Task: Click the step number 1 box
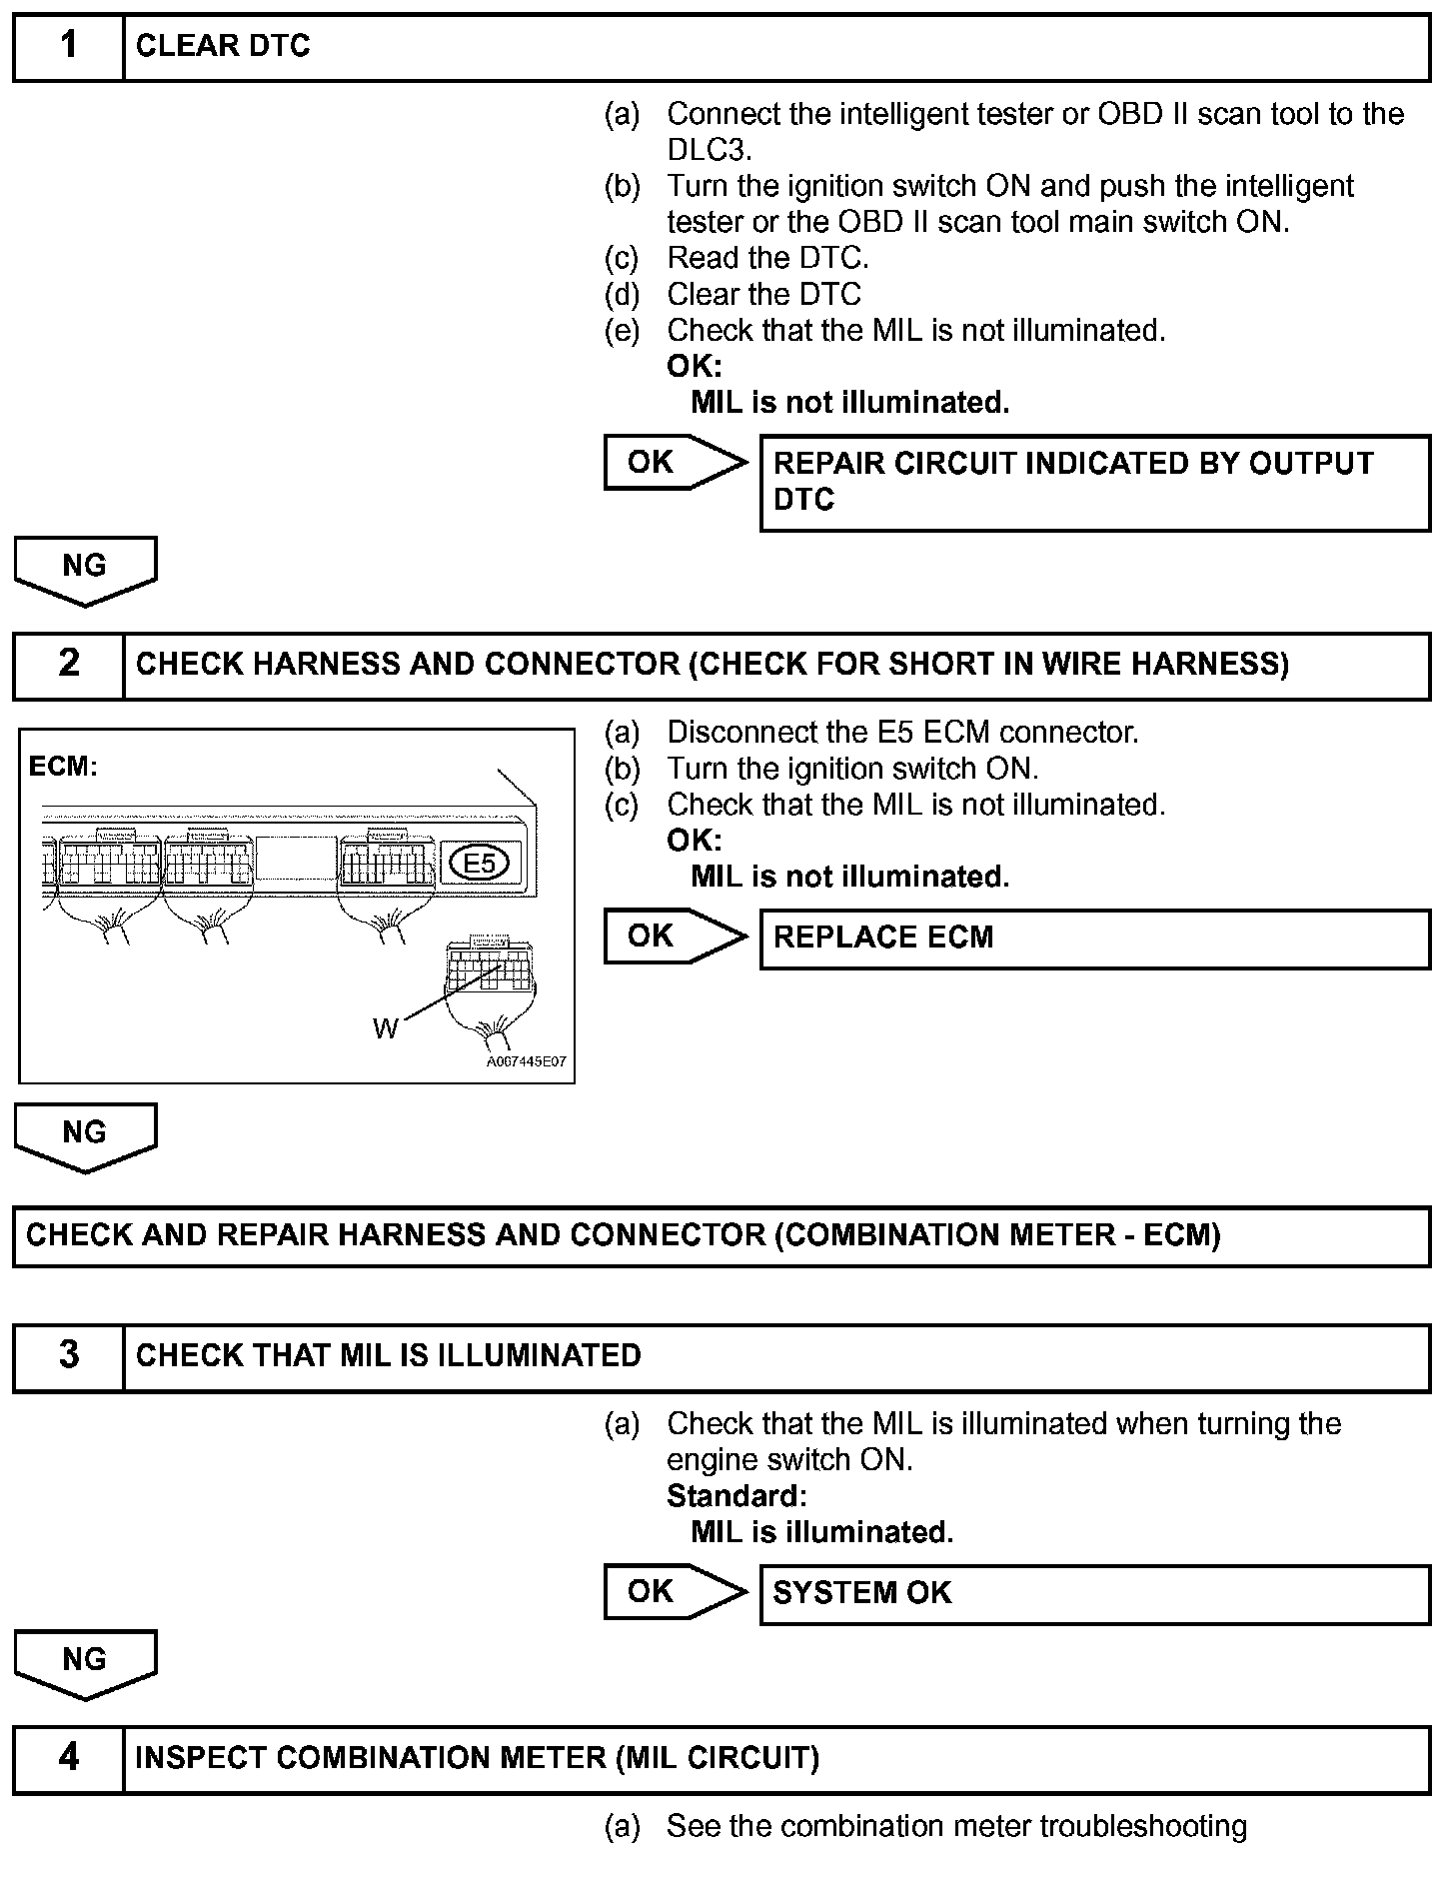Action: [x=68, y=46]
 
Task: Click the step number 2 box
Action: [x=68, y=664]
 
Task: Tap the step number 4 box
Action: [x=68, y=1756]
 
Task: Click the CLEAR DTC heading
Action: [x=223, y=46]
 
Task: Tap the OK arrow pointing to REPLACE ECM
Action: [x=674, y=937]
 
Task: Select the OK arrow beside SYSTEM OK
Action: [x=674, y=1591]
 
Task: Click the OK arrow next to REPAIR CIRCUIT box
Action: [x=674, y=462]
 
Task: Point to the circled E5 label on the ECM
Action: [x=481, y=863]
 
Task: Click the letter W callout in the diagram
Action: [x=386, y=1027]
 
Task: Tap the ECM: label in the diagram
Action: [x=63, y=767]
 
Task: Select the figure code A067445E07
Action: [x=527, y=1061]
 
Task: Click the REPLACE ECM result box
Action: [x=1094, y=938]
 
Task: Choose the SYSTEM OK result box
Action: [x=1094, y=1592]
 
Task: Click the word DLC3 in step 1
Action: [x=708, y=150]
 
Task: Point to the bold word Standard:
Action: [x=736, y=1496]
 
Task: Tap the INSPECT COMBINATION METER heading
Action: [x=477, y=1757]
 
